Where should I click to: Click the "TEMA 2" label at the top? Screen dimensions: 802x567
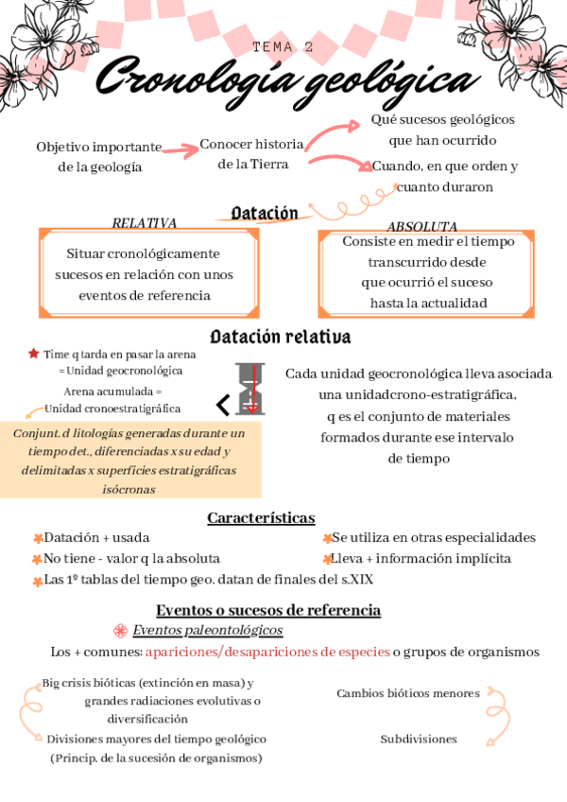(x=283, y=46)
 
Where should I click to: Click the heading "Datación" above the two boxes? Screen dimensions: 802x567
(x=265, y=214)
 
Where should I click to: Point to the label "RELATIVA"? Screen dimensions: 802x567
(x=145, y=223)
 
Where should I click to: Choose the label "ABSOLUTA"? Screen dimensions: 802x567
(x=421, y=227)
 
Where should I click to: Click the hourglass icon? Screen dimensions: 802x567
(x=251, y=389)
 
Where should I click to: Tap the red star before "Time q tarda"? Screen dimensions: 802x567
(x=34, y=354)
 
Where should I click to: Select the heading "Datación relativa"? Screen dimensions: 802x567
(x=281, y=337)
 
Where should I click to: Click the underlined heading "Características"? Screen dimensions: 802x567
(x=261, y=517)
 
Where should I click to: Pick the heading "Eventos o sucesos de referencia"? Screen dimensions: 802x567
(x=268, y=610)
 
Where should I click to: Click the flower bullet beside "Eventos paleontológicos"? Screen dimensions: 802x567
(x=120, y=631)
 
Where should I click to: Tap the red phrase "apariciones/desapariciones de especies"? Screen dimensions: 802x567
(x=267, y=652)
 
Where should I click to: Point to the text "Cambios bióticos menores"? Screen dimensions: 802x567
(x=407, y=693)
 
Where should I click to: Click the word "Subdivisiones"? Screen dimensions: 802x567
(x=419, y=739)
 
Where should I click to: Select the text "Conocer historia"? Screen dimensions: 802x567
(x=251, y=145)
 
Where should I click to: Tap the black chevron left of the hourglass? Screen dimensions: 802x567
(x=223, y=406)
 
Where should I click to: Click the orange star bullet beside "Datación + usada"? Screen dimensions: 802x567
(x=38, y=538)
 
